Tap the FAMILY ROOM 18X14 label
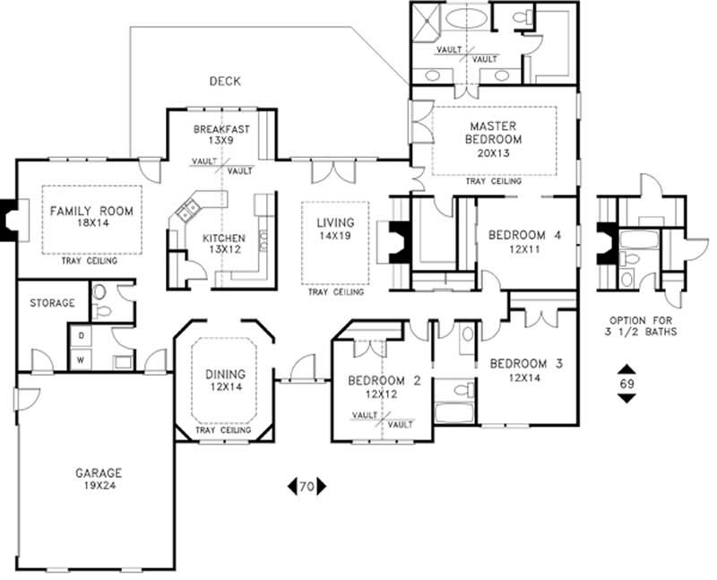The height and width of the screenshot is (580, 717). [91, 218]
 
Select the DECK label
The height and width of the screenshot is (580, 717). [224, 82]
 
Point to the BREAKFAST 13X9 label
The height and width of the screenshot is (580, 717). [221, 134]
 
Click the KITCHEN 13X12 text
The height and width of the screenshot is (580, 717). [223, 244]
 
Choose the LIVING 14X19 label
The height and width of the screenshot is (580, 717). [334, 229]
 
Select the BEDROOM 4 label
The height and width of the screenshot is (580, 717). [524, 236]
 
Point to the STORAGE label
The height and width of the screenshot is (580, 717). [52, 303]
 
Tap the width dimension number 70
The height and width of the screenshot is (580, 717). [307, 487]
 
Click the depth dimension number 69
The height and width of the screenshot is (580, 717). [626, 384]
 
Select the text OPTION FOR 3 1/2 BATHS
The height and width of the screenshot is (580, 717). [643, 325]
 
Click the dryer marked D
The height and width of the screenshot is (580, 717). [81, 335]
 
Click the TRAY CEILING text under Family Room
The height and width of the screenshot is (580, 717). [91, 262]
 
